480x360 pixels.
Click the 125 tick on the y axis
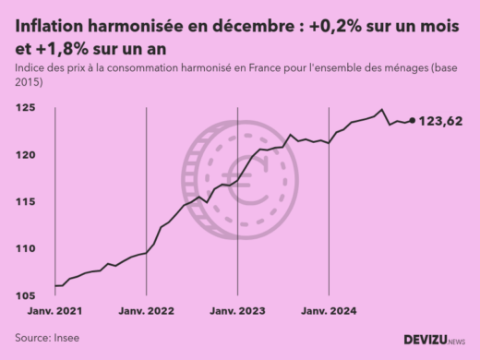coord(28,108)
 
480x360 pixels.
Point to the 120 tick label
coord(28,154)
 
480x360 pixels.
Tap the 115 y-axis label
coord(28,201)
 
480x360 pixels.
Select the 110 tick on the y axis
coord(28,248)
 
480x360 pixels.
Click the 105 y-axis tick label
coord(28,295)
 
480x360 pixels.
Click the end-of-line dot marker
coord(412,120)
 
